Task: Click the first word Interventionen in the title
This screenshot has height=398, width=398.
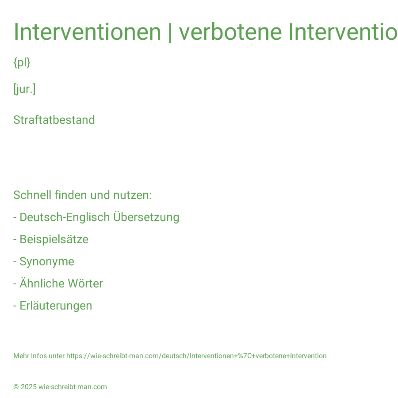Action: point(87,32)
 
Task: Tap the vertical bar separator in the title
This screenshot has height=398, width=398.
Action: point(170,32)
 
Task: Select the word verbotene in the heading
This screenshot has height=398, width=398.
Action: point(230,32)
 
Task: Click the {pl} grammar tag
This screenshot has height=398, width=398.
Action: point(22,63)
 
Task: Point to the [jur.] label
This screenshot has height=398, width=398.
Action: point(24,89)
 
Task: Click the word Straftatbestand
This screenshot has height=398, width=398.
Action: point(54,120)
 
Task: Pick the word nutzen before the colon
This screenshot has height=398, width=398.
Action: point(131,195)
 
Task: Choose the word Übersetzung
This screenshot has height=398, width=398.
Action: point(146,217)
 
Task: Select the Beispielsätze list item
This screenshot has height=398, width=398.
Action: point(54,239)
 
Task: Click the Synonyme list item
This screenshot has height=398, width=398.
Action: point(47,262)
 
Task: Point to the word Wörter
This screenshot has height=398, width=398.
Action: point(85,283)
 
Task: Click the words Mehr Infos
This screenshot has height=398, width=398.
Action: point(30,356)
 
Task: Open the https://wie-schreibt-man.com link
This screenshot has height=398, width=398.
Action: point(196,356)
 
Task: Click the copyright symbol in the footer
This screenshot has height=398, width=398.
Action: point(16,387)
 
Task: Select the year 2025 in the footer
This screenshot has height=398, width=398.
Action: point(29,387)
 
